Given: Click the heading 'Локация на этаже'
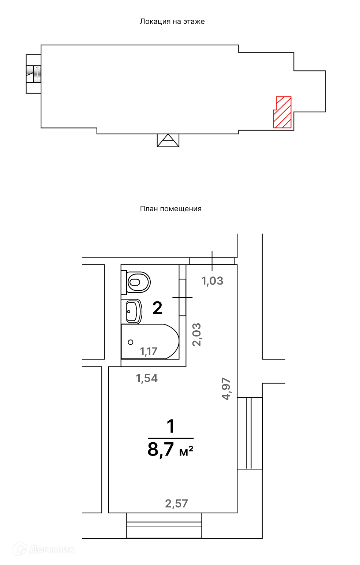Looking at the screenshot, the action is (x=172, y=22).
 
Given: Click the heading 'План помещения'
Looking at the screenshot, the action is (x=171, y=209).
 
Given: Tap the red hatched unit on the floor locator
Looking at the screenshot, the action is (x=282, y=112).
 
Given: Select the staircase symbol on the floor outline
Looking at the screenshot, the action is (x=34, y=74).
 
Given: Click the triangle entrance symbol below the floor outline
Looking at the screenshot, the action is (x=168, y=140).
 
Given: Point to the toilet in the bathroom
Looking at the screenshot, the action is (x=136, y=282).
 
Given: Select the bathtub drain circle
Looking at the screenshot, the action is (x=131, y=342).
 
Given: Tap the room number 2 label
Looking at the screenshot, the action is (x=157, y=308).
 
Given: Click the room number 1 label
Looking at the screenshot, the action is (x=171, y=426).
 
